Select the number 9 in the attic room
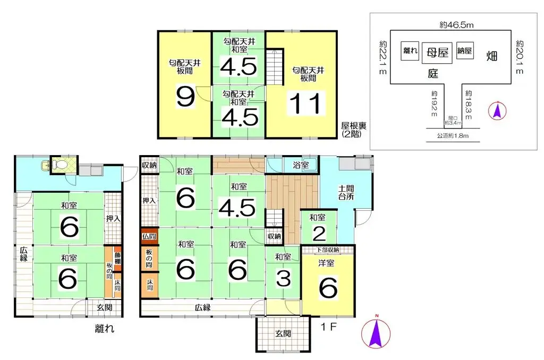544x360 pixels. point(185,97)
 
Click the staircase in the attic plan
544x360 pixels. point(274,66)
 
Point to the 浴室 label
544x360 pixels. point(301,165)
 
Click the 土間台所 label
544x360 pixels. point(345,192)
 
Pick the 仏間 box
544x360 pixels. point(149,235)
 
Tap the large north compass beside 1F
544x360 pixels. point(376,333)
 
